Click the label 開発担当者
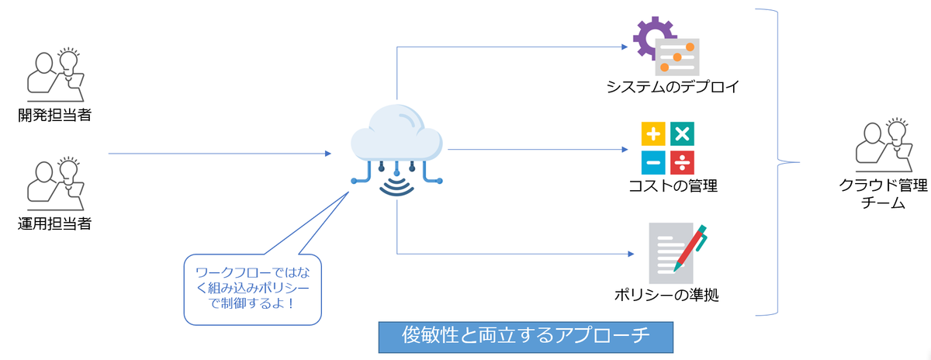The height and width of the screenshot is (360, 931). [55, 116]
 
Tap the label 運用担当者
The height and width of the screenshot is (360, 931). [55, 225]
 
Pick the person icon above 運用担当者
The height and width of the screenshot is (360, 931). [54, 184]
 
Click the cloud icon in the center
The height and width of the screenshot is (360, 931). [396, 137]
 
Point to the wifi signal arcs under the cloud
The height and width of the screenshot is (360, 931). [396, 186]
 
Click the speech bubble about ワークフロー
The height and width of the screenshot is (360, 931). [252, 289]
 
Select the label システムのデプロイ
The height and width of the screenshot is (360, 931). [672, 86]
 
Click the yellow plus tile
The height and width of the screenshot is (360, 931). [653, 134]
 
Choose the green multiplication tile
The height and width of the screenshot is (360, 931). [682, 134]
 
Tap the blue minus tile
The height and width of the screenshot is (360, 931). [653, 162]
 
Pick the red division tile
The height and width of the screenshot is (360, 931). [682, 162]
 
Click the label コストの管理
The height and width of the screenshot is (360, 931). [673, 186]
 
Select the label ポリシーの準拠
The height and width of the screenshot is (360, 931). [672, 296]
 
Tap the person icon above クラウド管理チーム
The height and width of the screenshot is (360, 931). [883, 147]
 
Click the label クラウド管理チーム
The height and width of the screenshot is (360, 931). [883, 195]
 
